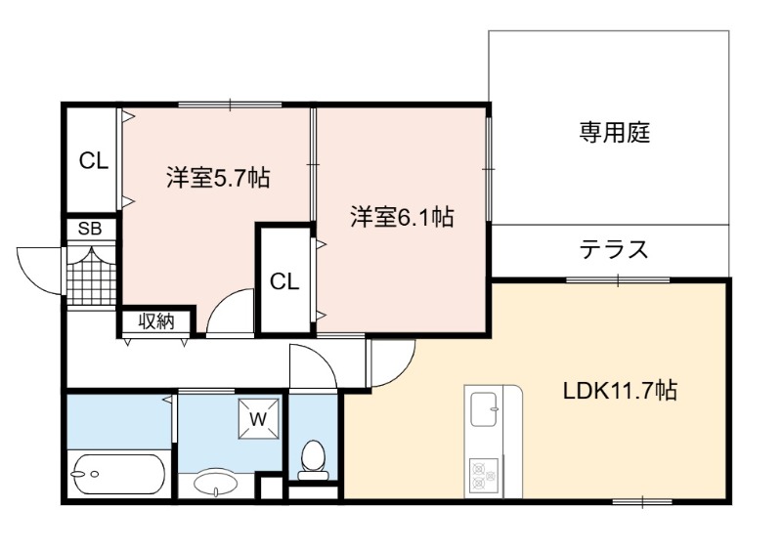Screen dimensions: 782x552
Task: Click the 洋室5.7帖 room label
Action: click(218, 178)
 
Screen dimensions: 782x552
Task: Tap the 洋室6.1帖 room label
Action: click(402, 217)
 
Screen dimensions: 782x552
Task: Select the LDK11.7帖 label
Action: click(620, 391)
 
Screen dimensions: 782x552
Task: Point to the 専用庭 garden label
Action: click(615, 133)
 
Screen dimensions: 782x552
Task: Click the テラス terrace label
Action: click(614, 249)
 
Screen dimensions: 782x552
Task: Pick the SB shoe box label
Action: click(90, 229)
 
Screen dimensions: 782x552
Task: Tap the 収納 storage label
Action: click(156, 321)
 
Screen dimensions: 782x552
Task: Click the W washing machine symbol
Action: click(258, 419)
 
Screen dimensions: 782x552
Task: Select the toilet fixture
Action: click(313, 460)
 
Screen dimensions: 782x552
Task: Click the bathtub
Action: click(118, 474)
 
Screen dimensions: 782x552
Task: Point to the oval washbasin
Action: click(216, 482)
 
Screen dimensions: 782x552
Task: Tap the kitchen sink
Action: click(484, 410)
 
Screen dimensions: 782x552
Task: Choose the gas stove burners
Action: click(483, 474)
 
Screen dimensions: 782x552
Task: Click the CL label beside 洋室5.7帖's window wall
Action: click(93, 160)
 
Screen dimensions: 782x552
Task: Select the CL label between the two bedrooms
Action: click(284, 282)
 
